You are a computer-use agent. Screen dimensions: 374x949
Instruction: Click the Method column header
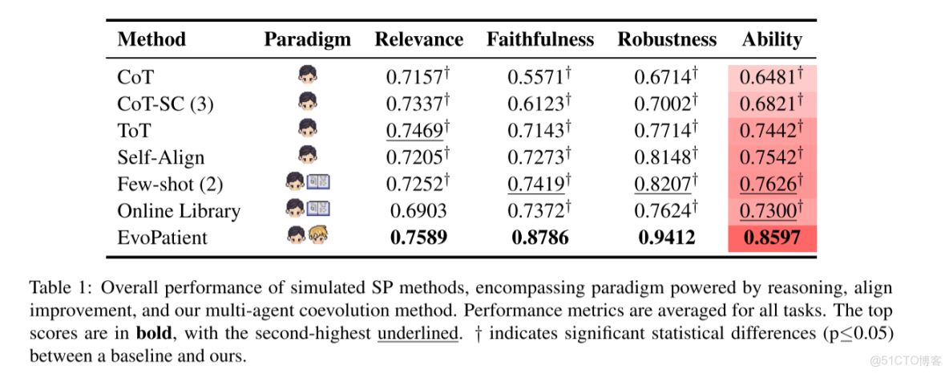pos(151,39)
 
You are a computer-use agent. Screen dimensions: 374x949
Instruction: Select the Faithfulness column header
pos(540,39)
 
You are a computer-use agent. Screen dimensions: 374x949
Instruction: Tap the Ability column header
pos(772,39)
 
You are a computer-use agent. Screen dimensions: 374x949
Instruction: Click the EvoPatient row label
pos(162,238)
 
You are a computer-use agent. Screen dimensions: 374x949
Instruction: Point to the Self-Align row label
pos(160,157)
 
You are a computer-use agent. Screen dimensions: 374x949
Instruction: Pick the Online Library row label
pos(179,211)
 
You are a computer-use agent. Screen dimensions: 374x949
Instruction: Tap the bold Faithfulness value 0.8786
pos(540,238)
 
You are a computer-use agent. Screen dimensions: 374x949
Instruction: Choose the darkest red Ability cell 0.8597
pos(772,238)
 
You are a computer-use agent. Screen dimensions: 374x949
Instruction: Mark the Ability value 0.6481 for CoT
pos(770,77)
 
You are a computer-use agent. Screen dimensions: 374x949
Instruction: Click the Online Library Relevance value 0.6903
pos(415,211)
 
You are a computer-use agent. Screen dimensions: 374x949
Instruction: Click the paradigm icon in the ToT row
pos(307,129)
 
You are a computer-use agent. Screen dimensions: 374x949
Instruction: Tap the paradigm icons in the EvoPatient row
pos(307,237)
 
